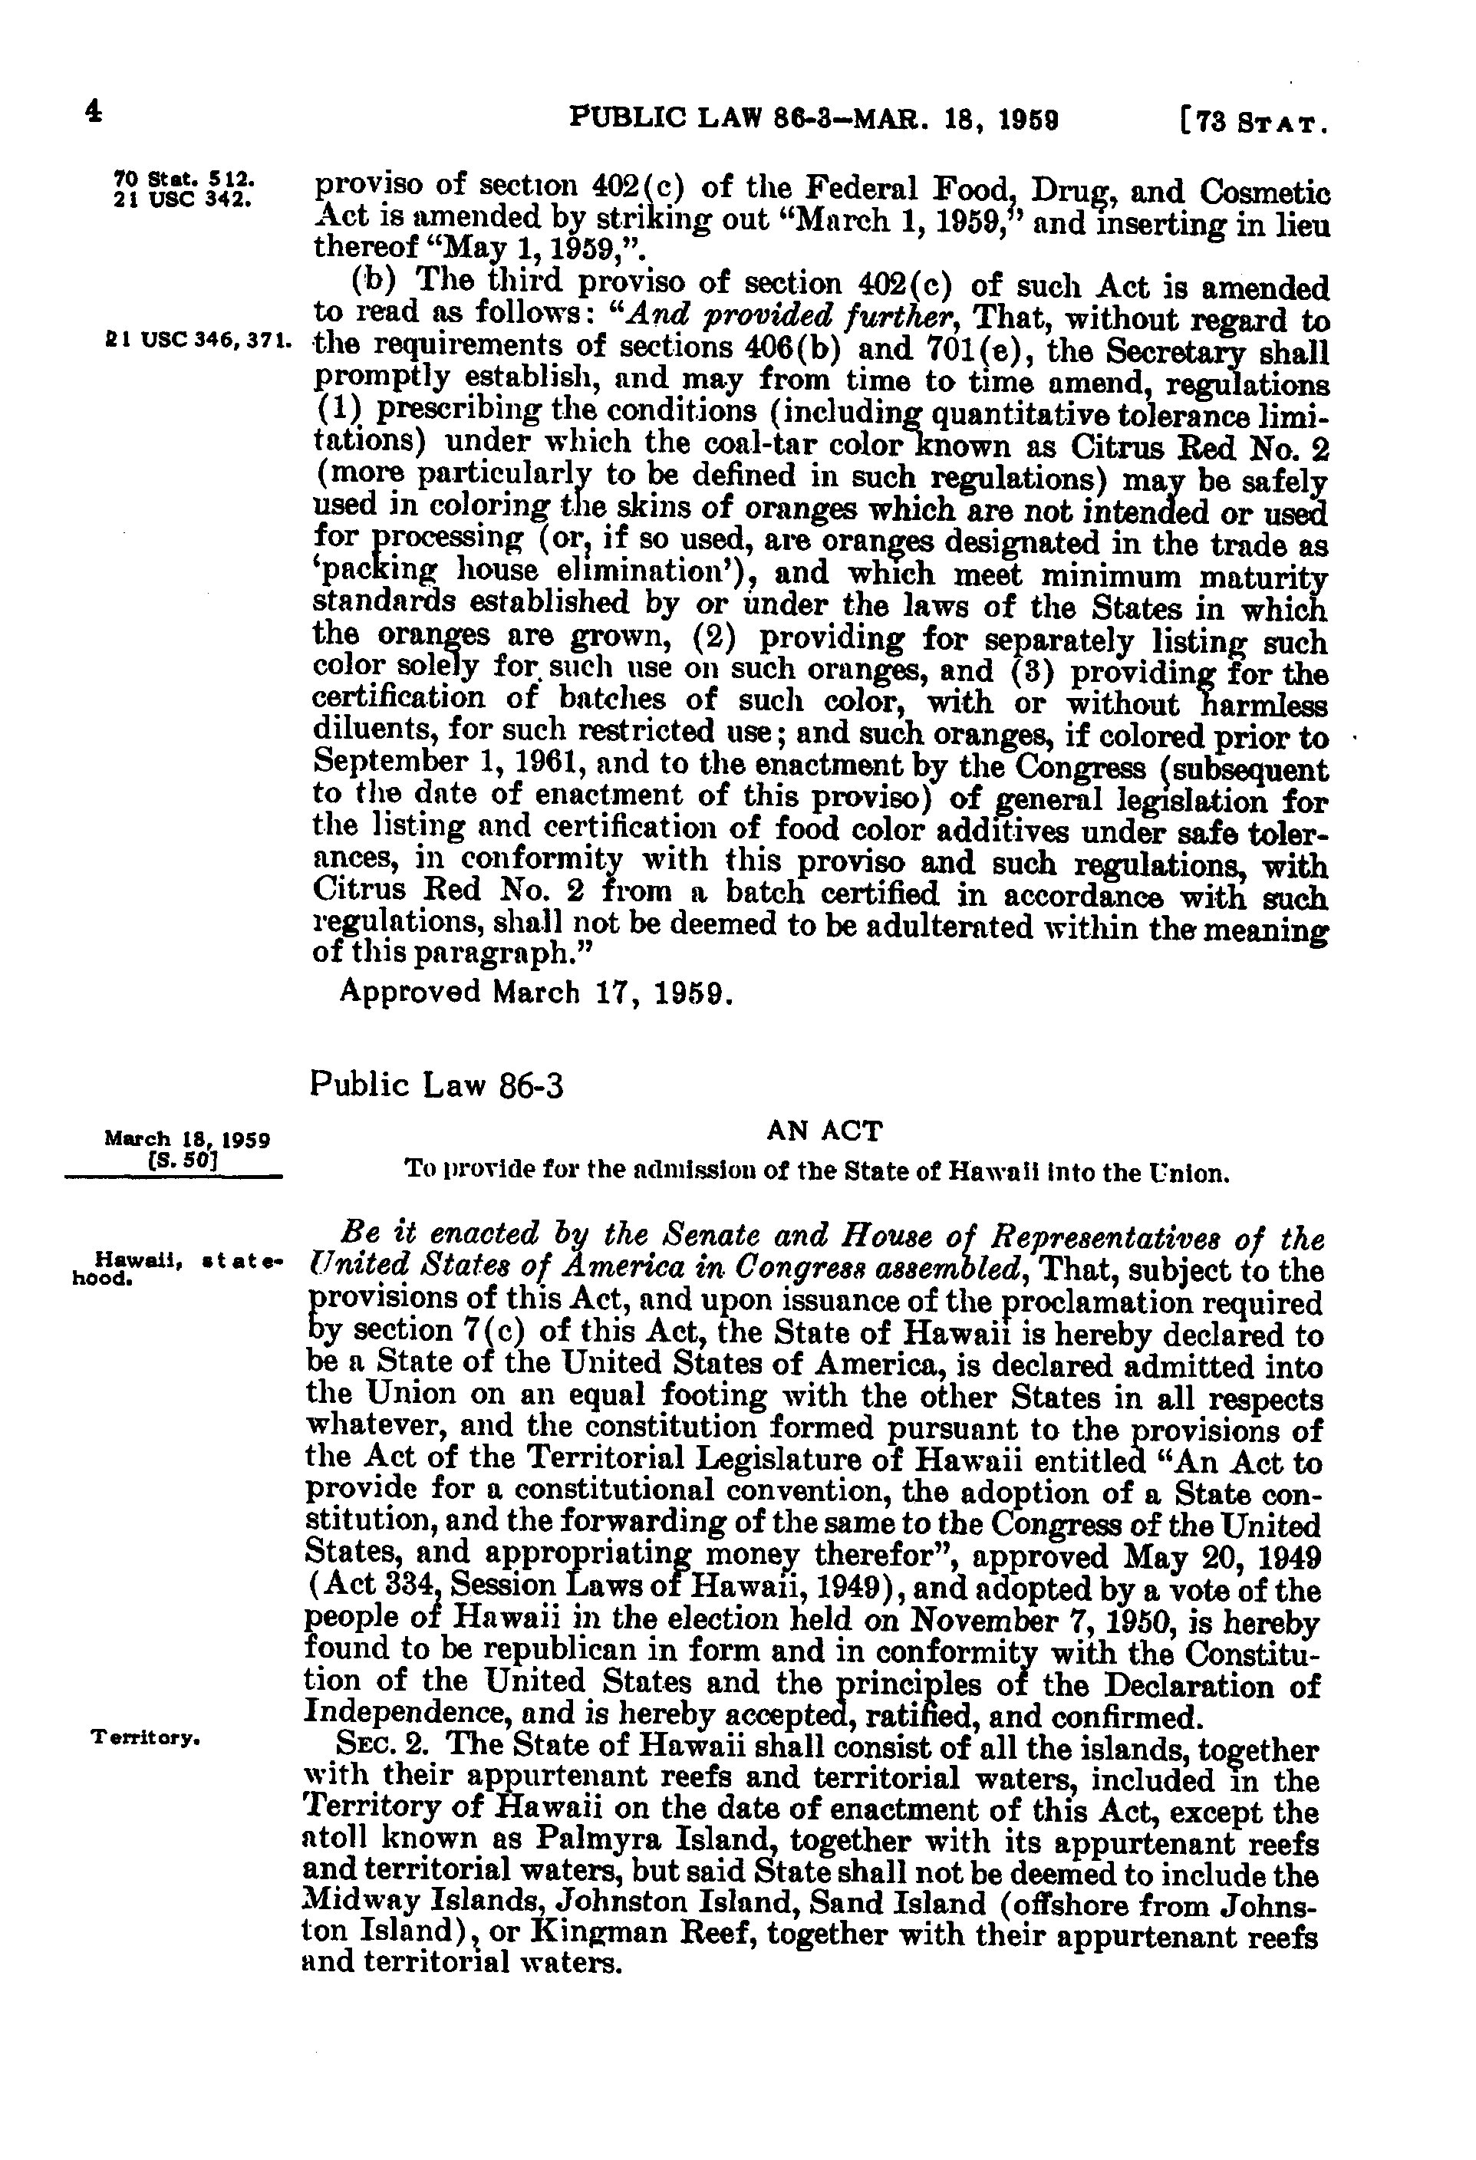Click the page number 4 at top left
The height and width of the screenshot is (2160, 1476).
92,114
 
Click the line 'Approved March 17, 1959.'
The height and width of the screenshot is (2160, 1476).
537,992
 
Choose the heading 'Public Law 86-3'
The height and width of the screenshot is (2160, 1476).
437,1085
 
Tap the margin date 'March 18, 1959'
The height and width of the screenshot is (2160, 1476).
188,1138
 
